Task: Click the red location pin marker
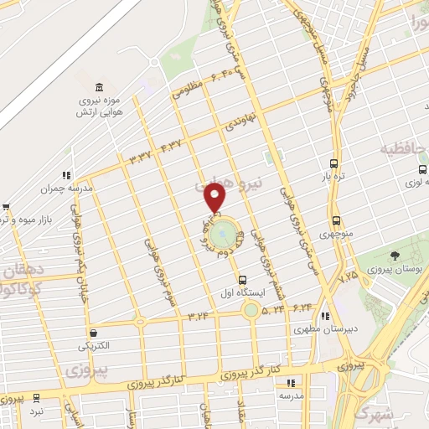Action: pyautogui.click(x=215, y=197)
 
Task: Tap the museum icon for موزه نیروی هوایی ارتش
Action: pyautogui.click(x=100, y=89)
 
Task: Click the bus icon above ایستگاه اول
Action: pyautogui.click(x=242, y=280)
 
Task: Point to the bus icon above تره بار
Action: pyautogui.click(x=334, y=164)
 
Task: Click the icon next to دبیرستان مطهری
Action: pyautogui.click(x=324, y=317)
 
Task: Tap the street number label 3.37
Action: pyautogui.click(x=140, y=155)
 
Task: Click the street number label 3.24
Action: pyautogui.click(x=199, y=316)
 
